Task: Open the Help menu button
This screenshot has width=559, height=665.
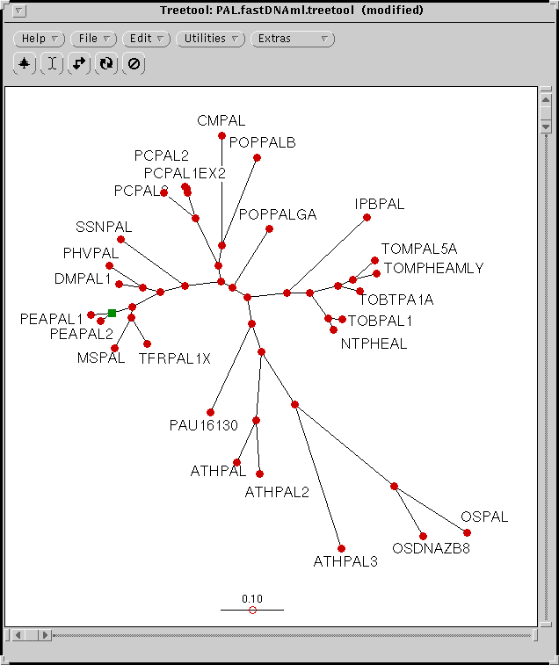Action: click(x=40, y=39)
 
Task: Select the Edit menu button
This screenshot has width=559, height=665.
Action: click(x=147, y=39)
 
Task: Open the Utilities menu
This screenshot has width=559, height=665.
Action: click(x=211, y=39)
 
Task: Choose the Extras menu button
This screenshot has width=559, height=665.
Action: click(x=292, y=39)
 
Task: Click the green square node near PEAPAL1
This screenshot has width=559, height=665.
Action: click(x=112, y=313)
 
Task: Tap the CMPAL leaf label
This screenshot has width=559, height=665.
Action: click(x=221, y=121)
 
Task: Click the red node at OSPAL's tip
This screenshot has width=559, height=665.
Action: click(x=468, y=533)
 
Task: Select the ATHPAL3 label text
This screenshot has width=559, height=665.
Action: click(x=345, y=561)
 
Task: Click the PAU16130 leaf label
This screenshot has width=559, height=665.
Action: click(x=204, y=426)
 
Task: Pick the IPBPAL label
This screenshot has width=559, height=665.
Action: click(x=380, y=205)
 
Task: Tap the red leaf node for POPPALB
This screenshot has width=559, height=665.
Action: click(x=258, y=158)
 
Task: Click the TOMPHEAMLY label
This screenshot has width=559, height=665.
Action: click(x=433, y=268)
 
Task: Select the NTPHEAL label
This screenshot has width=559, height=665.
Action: click(x=374, y=343)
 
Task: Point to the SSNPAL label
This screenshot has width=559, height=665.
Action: click(x=104, y=228)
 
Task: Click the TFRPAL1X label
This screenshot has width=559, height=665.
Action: click(x=175, y=358)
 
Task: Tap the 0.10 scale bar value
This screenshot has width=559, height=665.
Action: click(x=252, y=598)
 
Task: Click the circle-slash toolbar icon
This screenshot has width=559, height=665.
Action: click(x=134, y=64)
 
